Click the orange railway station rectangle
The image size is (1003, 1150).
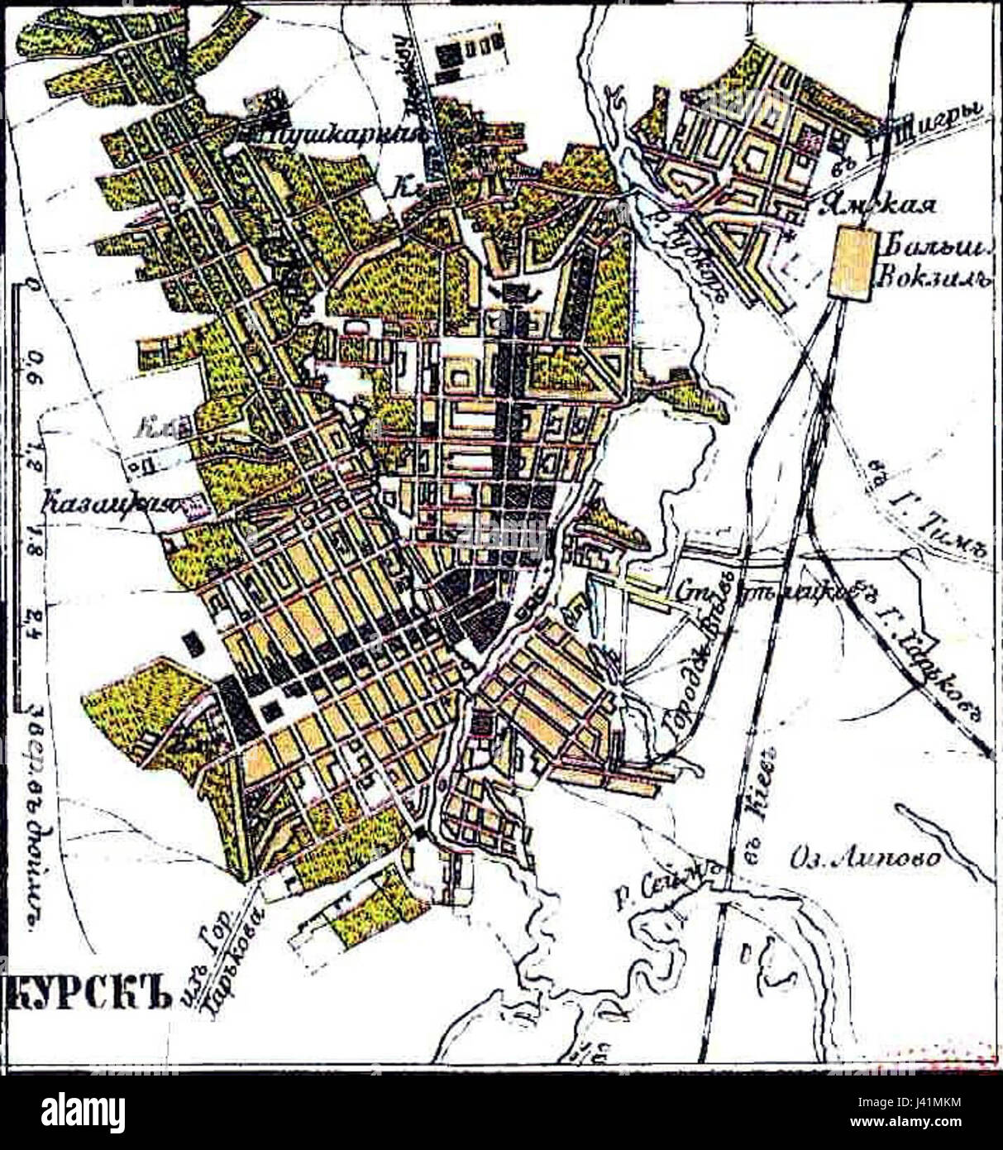click(851, 262)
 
